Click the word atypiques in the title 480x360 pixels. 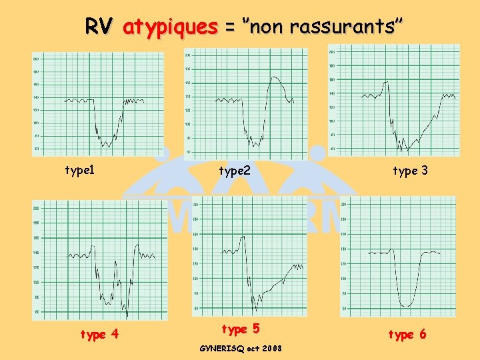point(171,27)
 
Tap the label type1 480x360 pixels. point(79,170)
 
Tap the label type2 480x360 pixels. point(235,171)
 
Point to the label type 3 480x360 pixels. point(410,171)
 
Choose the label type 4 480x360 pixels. point(99,334)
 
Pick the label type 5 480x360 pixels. point(240,329)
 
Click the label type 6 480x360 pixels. point(407,335)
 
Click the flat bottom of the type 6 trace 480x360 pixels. point(406,305)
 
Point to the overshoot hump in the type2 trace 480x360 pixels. point(275,79)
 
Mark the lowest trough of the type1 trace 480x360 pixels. point(105,145)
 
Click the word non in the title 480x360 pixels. point(267,27)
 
